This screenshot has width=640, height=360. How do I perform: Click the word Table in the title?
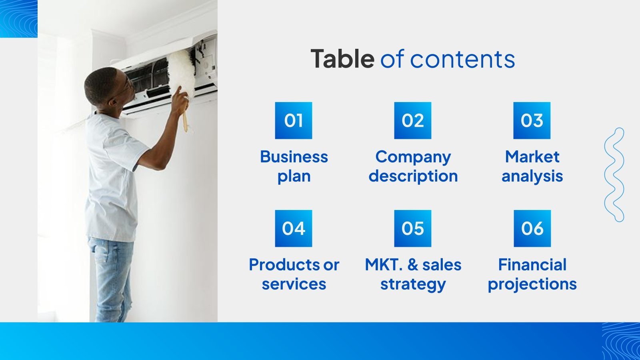click(x=342, y=59)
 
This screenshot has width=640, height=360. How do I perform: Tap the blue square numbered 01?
click(x=293, y=120)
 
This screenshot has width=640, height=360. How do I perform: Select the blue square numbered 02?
click(x=412, y=120)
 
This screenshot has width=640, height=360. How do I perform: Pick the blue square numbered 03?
click(x=532, y=120)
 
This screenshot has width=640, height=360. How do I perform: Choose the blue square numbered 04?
click(x=293, y=228)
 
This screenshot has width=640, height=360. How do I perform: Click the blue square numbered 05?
click(x=412, y=228)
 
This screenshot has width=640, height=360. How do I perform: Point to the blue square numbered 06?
click(x=532, y=228)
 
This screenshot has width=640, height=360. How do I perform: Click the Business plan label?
click(x=294, y=166)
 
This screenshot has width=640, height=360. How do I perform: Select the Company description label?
click(x=413, y=166)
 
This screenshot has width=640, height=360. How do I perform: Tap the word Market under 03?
click(x=532, y=157)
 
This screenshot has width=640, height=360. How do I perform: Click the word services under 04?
click(x=294, y=284)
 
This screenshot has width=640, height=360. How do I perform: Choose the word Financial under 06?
click(x=532, y=265)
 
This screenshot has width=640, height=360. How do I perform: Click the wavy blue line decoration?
click(x=614, y=175)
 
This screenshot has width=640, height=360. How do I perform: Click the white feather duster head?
click(x=181, y=70)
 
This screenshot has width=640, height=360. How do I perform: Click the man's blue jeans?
click(x=111, y=276)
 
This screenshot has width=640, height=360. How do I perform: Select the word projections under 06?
click(x=532, y=284)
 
